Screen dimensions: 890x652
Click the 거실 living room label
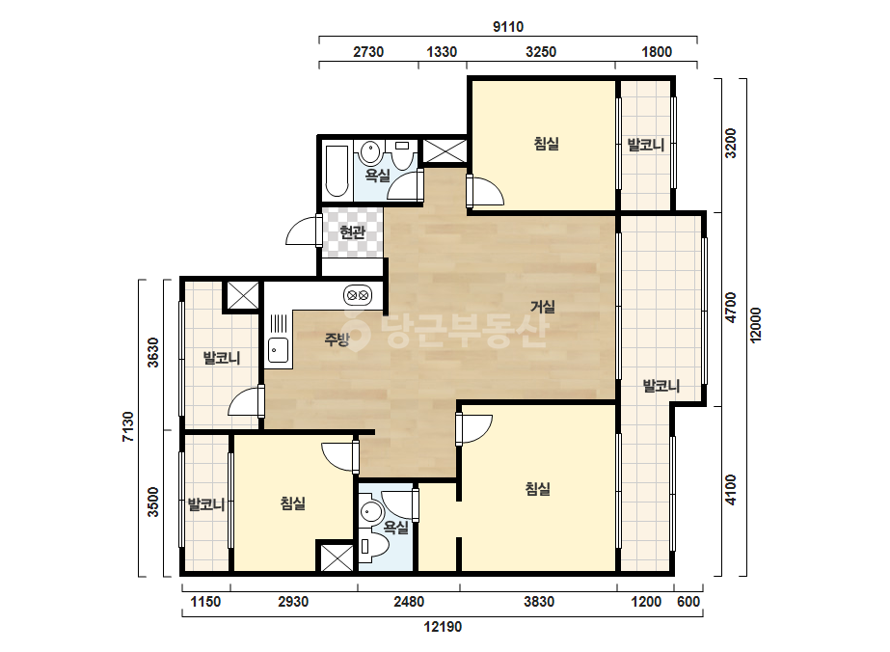pyautogui.click(x=542, y=307)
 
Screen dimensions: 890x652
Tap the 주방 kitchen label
pyautogui.click(x=337, y=340)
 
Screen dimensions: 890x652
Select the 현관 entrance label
pyautogui.click(x=352, y=231)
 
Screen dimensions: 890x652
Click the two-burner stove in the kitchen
pyautogui.click(x=358, y=295)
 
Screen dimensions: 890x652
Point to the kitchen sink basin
pyautogui.click(x=278, y=350)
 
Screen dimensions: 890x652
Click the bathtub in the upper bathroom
pyautogui.click(x=337, y=172)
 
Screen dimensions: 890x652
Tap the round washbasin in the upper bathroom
pyautogui.click(x=370, y=152)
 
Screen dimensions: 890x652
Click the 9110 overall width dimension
pyautogui.click(x=508, y=27)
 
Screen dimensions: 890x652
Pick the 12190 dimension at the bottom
pyautogui.click(x=443, y=627)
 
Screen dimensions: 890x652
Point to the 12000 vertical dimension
pyautogui.click(x=755, y=325)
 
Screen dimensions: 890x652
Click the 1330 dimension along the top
pyautogui.click(x=442, y=52)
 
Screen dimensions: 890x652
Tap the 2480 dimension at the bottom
pyautogui.click(x=409, y=602)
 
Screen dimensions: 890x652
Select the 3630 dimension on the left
pyautogui.click(x=153, y=352)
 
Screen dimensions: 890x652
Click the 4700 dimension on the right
pyautogui.click(x=731, y=308)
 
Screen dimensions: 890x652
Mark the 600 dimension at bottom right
pyautogui.click(x=688, y=602)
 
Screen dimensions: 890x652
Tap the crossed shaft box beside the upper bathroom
pyautogui.click(x=445, y=151)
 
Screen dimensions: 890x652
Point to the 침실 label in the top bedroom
pyautogui.click(x=546, y=143)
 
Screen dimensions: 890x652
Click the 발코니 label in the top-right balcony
pyautogui.click(x=645, y=145)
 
